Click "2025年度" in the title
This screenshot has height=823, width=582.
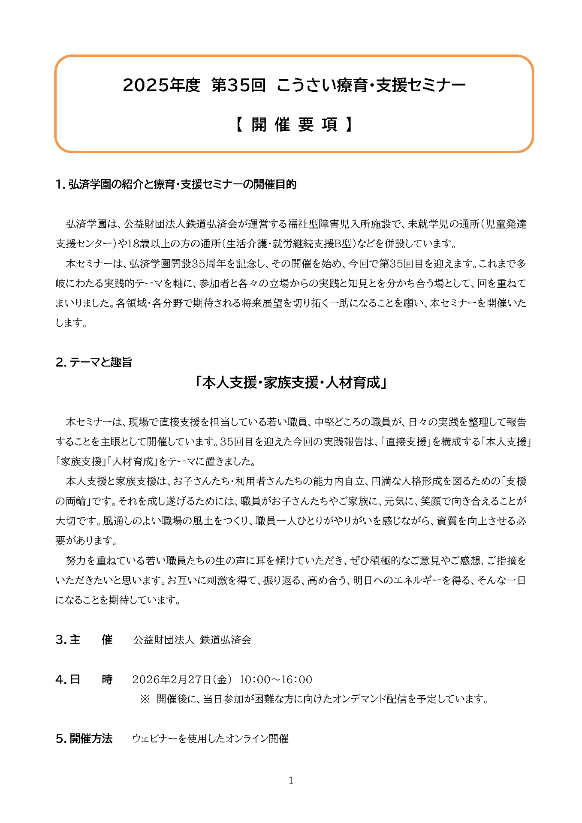point(161,85)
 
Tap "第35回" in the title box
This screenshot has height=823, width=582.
point(238,85)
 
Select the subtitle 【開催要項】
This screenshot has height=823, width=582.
point(294,125)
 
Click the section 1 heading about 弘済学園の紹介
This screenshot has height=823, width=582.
point(176,185)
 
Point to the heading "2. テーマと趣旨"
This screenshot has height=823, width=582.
point(93,362)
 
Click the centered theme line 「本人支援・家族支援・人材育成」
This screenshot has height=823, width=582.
point(291,382)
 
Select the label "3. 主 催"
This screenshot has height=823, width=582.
point(84,640)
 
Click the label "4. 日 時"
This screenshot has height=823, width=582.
point(84,679)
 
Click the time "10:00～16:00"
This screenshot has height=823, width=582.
point(276,679)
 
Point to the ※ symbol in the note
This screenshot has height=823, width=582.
point(145,699)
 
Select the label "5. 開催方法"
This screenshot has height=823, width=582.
point(84,739)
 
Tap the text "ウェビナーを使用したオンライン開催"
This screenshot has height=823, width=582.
point(210,739)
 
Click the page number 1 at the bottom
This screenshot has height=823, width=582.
point(291,780)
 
